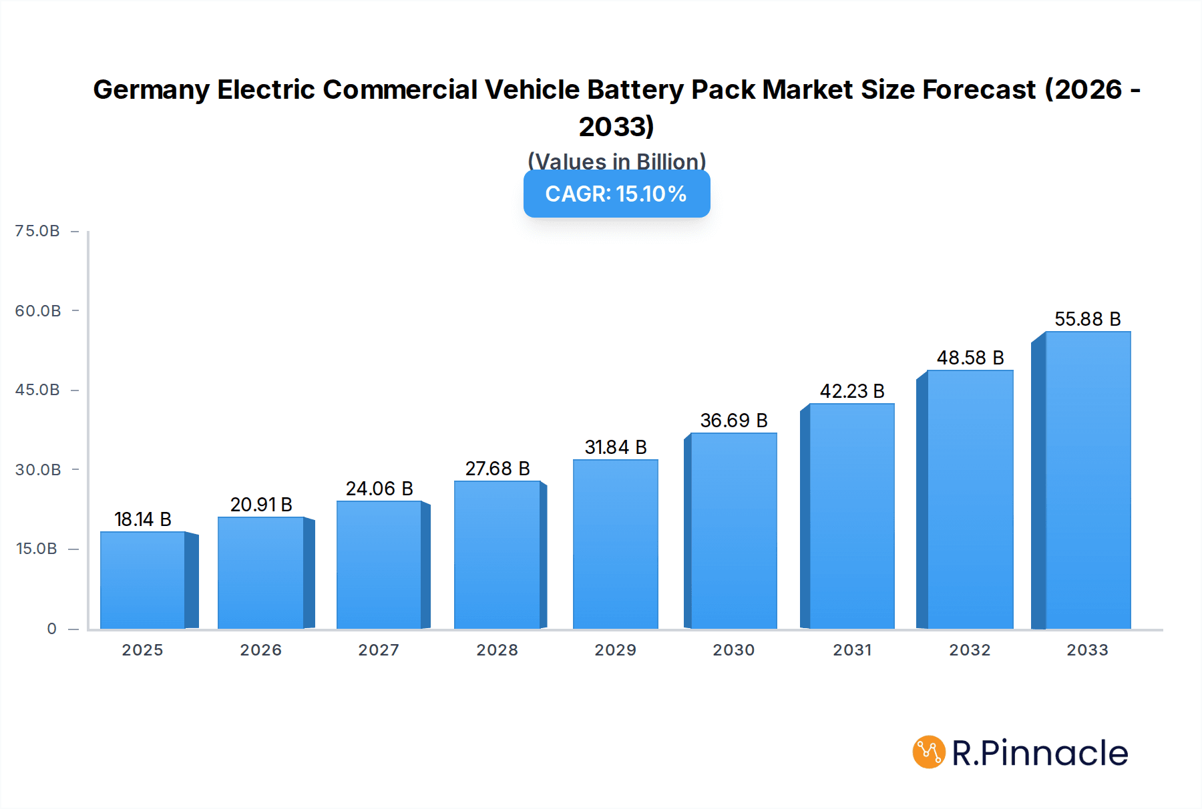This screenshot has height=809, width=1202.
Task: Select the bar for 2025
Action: click(x=143, y=581)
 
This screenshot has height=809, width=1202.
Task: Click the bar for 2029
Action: click(x=615, y=544)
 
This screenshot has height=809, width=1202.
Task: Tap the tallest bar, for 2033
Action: click(x=1088, y=481)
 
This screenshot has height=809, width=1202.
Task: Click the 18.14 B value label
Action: click(x=143, y=519)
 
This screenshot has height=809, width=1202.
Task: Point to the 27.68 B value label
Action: click(x=497, y=469)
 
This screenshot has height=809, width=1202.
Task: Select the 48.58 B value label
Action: click(x=970, y=358)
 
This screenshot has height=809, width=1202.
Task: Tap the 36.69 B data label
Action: click(x=734, y=421)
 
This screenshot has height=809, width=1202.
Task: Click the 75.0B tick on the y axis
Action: click(x=37, y=231)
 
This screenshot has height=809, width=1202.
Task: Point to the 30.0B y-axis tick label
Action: click(x=38, y=470)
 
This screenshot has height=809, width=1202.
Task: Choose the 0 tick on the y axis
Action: click(x=51, y=629)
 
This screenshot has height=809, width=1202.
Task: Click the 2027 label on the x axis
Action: click(x=379, y=650)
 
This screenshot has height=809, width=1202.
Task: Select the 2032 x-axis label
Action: click(x=970, y=650)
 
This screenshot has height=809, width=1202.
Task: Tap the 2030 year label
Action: click(x=733, y=650)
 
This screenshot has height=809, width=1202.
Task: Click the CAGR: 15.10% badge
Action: click(x=616, y=194)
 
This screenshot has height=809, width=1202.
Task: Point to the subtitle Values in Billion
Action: click(x=616, y=161)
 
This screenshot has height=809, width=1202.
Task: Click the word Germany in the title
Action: click(x=151, y=89)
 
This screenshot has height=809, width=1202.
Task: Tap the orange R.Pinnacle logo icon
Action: click(x=929, y=752)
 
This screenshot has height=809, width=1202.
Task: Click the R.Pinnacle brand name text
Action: click(x=1039, y=753)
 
